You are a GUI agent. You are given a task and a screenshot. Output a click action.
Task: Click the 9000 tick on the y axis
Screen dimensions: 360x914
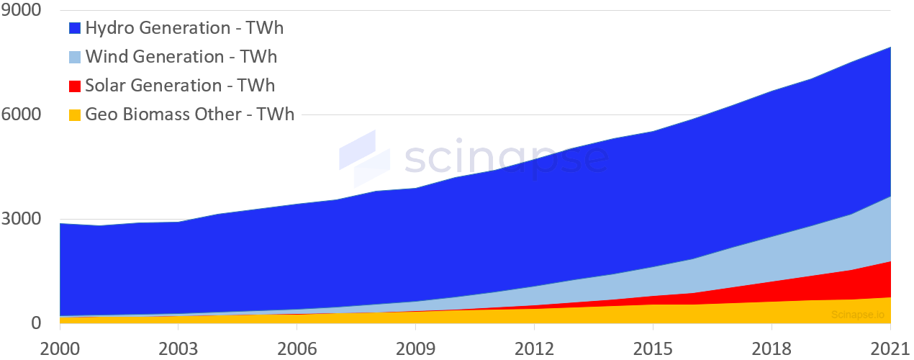(21, 11)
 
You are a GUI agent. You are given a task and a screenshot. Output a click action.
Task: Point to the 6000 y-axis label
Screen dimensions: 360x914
(21, 114)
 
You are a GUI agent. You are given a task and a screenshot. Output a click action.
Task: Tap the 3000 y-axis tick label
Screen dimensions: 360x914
(21, 219)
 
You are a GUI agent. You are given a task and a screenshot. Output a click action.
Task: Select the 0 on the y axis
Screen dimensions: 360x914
(35, 323)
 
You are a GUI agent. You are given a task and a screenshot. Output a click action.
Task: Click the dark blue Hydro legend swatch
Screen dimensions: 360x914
(75, 29)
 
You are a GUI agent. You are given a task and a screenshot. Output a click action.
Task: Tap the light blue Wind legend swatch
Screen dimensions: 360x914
(75, 58)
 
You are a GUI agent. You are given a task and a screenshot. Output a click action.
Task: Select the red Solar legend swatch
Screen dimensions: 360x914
(75, 86)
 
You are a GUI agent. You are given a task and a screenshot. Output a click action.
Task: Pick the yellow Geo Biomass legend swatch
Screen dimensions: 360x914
(75, 114)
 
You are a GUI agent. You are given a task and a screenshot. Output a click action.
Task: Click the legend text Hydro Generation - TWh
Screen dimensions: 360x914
(184, 29)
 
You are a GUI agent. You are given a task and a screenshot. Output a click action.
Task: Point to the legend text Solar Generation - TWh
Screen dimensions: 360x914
(180, 86)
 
